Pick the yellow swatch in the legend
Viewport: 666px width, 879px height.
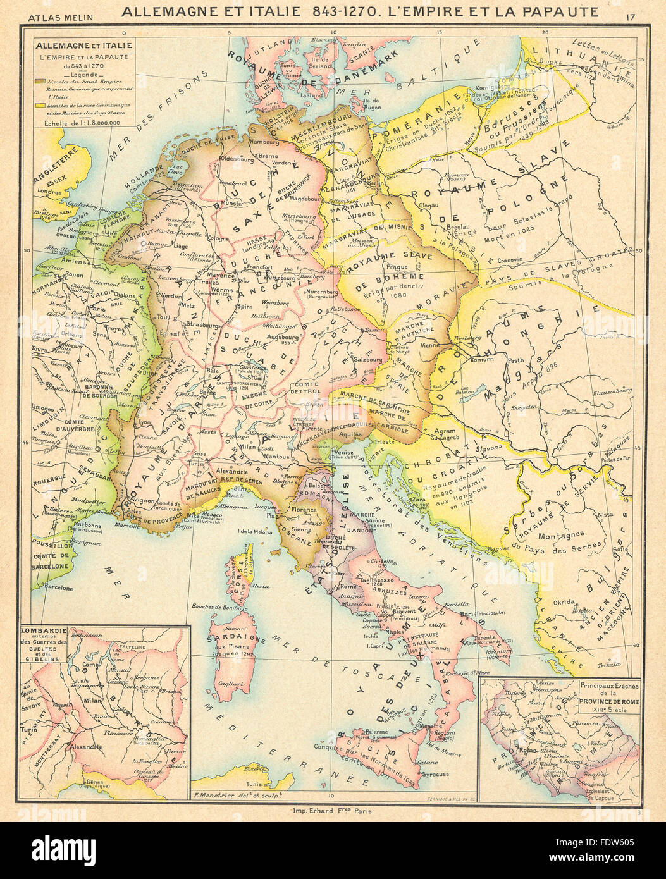[40, 104]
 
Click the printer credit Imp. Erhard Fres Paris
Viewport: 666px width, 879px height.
[333, 811]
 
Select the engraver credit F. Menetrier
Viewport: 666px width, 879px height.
[235, 795]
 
